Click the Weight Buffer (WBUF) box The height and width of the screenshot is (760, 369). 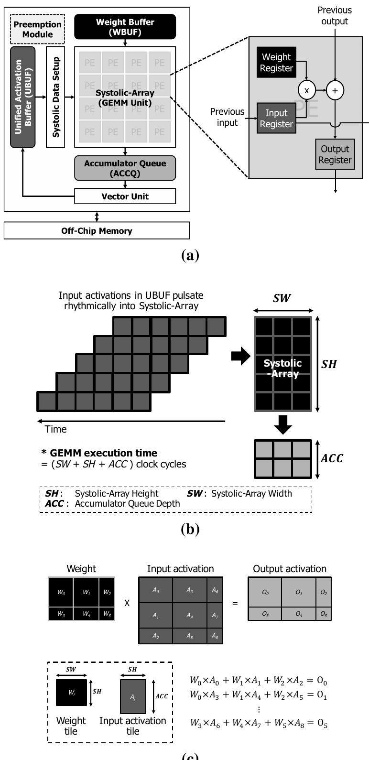tap(125, 27)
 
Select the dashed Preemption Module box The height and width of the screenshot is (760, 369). tap(37, 29)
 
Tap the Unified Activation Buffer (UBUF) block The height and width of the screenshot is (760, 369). tap(22, 97)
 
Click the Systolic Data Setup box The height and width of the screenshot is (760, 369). tap(55, 97)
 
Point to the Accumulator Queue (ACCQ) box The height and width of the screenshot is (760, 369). tap(125, 168)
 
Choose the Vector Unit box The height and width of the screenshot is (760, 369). tap(125, 196)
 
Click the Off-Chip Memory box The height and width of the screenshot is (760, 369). tap(97, 230)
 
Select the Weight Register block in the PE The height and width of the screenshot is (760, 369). tap(276, 63)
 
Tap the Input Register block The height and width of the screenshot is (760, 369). tap(276, 118)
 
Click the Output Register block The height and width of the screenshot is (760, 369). tap(335, 154)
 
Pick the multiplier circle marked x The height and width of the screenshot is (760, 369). tap(307, 90)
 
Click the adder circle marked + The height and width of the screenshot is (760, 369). tap(335, 90)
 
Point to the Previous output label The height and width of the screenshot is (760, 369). tap(335, 15)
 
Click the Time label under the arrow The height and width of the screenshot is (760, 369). tap(56, 429)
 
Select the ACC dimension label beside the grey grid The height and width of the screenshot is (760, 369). tap(332, 458)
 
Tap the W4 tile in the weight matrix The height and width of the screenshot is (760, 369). tap(86, 614)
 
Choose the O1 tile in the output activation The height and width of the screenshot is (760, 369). tap(298, 592)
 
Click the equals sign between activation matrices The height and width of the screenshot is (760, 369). tap(235, 603)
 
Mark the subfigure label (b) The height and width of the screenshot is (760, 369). tap(190, 529)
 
